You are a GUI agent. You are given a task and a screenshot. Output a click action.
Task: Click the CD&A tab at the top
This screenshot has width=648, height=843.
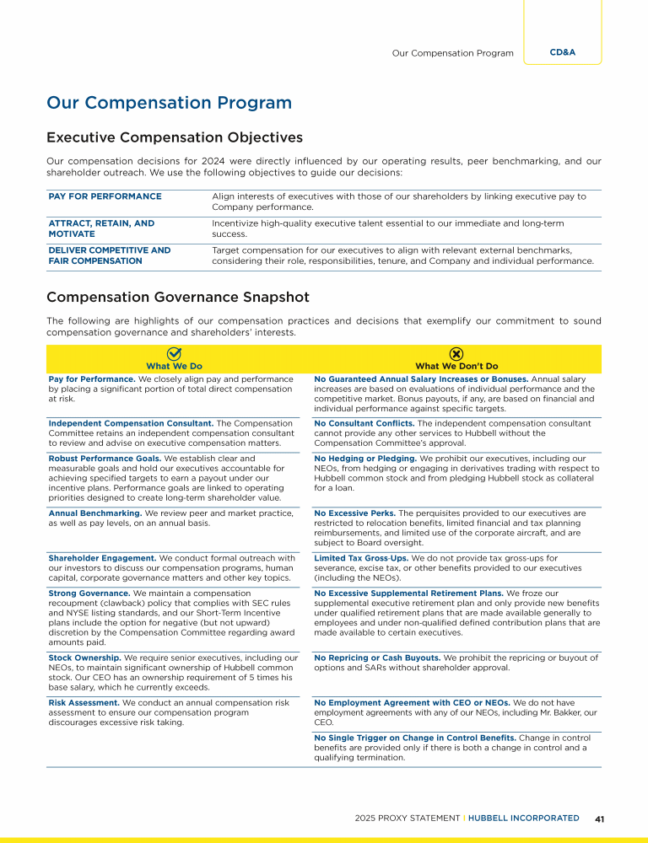pyautogui.click(x=562, y=52)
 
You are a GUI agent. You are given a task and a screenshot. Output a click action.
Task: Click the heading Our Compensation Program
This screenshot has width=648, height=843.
pyautogui.click(x=169, y=103)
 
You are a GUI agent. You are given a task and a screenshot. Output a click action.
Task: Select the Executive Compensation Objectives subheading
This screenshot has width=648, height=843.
pyautogui.click(x=175, y=137)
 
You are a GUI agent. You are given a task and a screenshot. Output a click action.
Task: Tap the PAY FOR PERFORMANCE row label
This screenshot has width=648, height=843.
pyautogui.click(x=105, y=196)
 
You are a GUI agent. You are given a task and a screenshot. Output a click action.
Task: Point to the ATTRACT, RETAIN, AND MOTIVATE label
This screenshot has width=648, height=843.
pyautogui.click(x=101, y=228)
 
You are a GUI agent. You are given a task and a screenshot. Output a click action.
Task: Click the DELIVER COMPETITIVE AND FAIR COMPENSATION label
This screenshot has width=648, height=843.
pyautogui.click(x=109, y=255)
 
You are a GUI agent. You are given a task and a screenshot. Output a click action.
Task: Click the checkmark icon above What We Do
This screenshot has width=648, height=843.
pyautogui.click(x=175, y=354)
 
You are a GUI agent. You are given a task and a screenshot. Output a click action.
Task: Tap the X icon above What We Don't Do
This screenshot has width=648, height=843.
pyautogui.click(x=456, y=354)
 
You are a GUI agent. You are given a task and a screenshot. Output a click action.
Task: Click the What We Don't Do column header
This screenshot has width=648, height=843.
pyautogui.click(x=456, y=367)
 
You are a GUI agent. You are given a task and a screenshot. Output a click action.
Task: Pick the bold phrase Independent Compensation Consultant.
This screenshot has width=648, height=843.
pyautogui.click(x=131, y=423)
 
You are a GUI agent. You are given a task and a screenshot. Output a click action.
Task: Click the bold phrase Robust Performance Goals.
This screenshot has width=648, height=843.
pyautogui.click(x=105, y=459)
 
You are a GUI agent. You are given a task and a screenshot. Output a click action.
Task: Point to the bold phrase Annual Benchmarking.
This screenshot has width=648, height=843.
pyautogui.click(x=95, y=513)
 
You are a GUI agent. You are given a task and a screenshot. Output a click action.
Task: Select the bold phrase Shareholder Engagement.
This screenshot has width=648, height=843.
pyautogui.click(x=100, y=557)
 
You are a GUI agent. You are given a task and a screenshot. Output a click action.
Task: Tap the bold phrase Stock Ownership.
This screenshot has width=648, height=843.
pyautogui.click(x=84, y=658)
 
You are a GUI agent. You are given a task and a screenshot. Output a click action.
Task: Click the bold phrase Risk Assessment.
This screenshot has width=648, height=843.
pyautogui.click(x=84, y=702)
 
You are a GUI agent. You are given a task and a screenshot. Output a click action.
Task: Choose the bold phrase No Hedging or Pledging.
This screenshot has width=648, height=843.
pyautogui.click(x=364, y=459)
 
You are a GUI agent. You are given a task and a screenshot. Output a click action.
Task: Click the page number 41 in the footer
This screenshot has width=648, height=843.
pyautogui.click(x=600, y=819)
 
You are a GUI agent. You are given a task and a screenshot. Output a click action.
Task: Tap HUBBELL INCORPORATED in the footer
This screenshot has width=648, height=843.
pyautogui.click(x=523, y=819)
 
